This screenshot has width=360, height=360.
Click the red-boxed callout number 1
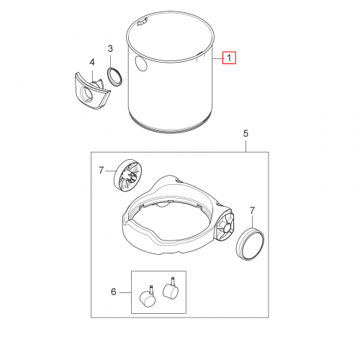click(229, 58)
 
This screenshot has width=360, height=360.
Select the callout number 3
click(110, 49)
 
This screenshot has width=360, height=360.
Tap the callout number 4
click(92, 63)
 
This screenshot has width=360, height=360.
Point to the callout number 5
click(246, 133)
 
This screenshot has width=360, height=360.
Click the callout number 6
click(114, 292)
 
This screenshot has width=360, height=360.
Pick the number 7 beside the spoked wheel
click(102, 171)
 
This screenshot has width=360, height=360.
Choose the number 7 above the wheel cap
click(252, 211)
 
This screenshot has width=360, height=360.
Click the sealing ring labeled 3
click(114, 76)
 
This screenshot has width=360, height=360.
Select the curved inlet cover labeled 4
click(91, 91)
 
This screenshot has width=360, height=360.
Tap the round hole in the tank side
click(141, 63)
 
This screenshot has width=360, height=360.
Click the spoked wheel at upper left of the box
click(127, 174)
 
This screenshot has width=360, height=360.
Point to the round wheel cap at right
click(250, 244)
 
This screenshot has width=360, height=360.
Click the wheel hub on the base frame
click(225, 227)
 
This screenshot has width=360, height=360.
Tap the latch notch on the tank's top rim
click(142, 22)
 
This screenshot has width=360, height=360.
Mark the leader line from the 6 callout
click(125, 292)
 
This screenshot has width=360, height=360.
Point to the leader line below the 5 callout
click(246, 146)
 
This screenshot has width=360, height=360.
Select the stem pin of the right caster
click(172, 281)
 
